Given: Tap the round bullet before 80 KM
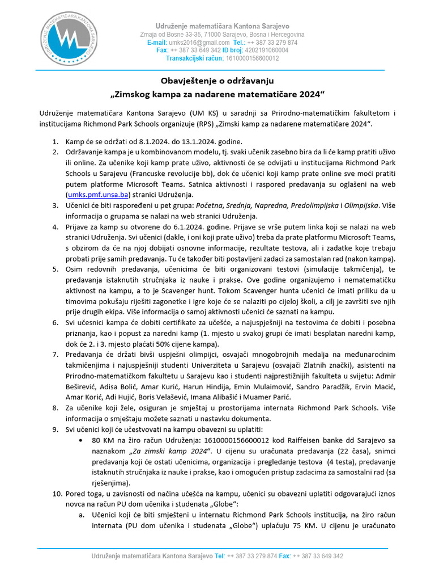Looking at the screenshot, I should pyautogui.click(x=84, y=440).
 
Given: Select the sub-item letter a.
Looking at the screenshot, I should pyautogui.click(x=82, y=515).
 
